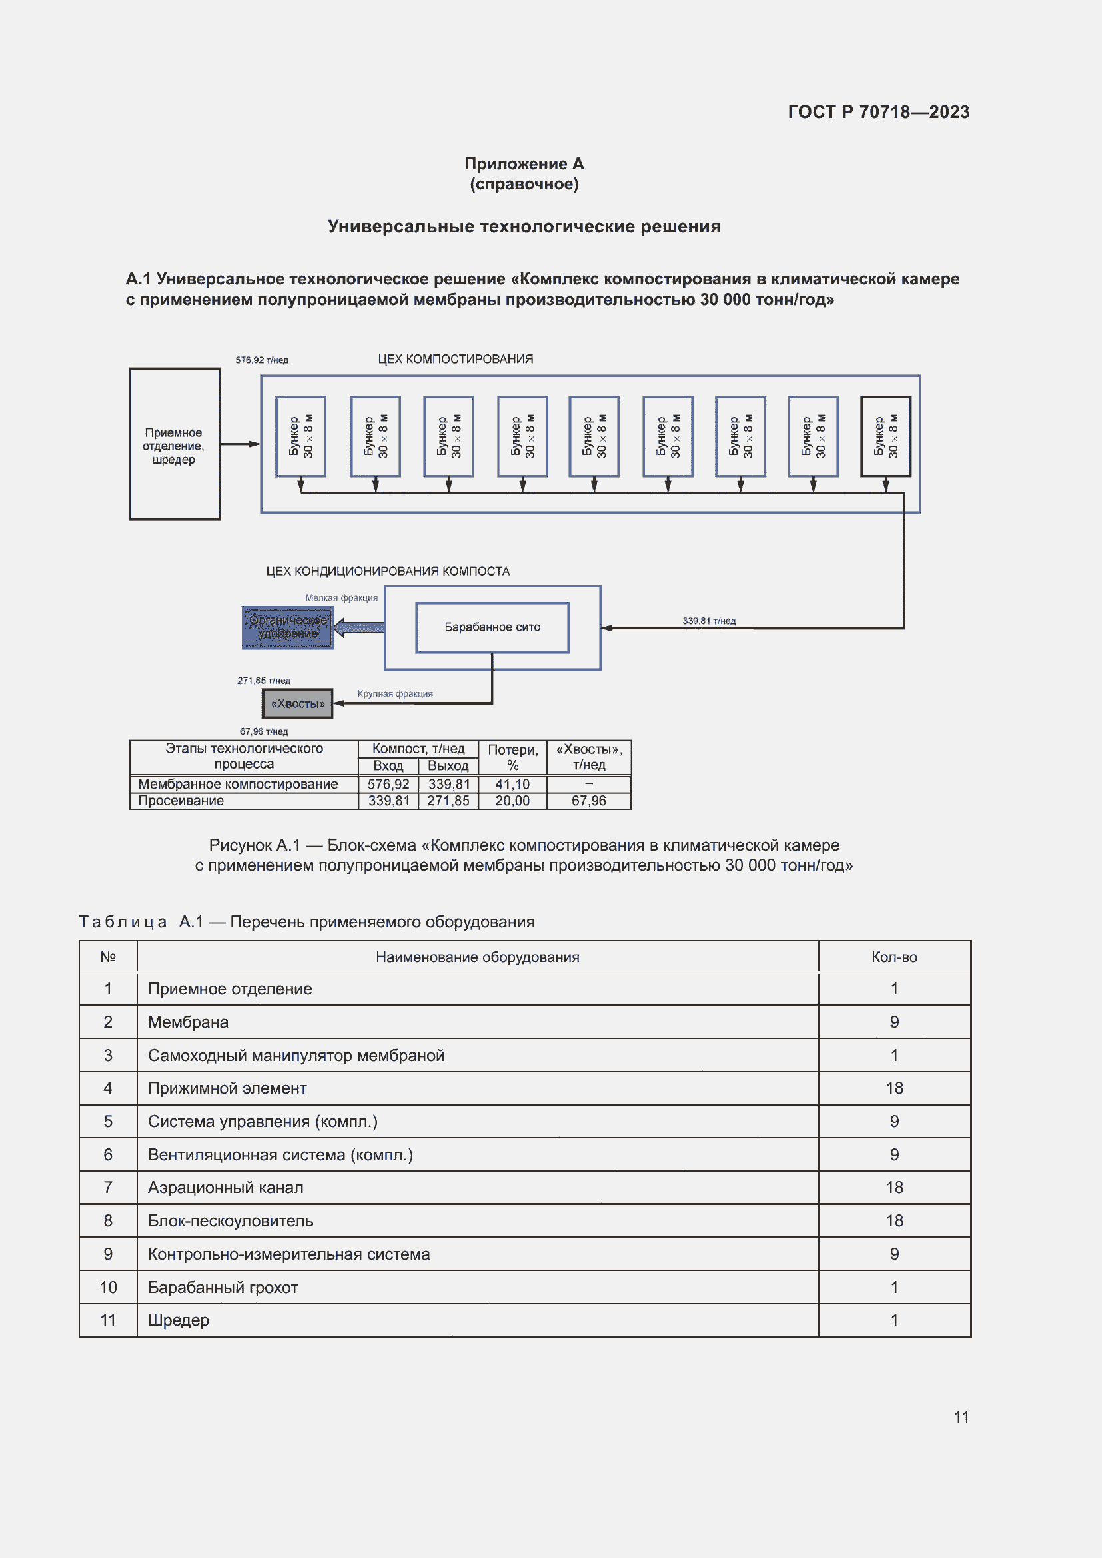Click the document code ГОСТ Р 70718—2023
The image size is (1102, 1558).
click(878, 112)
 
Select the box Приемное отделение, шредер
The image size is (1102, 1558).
click(175, 445)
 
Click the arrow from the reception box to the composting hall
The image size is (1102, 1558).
click(241, 444)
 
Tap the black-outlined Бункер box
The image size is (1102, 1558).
click(885, 436)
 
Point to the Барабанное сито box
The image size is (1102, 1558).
click(492, 627)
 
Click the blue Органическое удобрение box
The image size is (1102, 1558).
click(288, 627)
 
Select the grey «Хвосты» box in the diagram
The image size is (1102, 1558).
click(298, 703)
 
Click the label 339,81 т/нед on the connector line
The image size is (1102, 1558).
click(708, 621)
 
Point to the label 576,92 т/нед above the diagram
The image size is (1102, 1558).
click(262, 360)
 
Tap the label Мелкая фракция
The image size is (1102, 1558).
click(341, 597)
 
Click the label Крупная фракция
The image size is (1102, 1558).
click(395, 693)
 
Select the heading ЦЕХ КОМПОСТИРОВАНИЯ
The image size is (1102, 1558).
click(455, 359)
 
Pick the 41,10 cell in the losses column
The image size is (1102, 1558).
click(512, 785)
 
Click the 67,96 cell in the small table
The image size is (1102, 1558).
click(588, 801)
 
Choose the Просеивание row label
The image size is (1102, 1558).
click(181, 801)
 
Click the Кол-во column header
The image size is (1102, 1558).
click(893, 957)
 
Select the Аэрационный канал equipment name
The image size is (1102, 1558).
click(226, 1188)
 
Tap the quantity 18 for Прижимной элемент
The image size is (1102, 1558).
click(893, 1088)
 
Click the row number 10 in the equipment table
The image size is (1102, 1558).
click(109, 1288)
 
